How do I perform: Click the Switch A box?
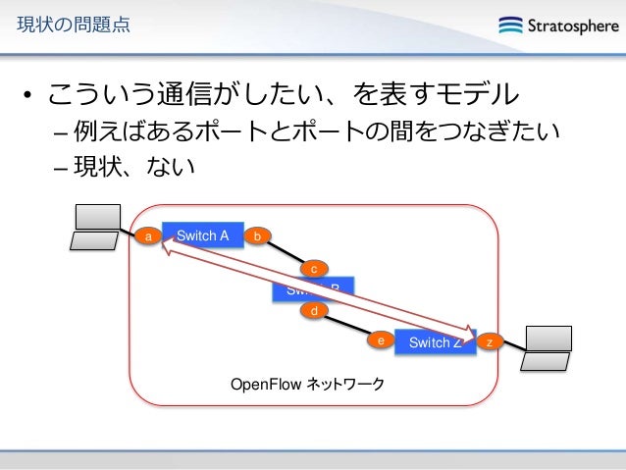(202, 235)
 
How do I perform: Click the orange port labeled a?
(147, 236)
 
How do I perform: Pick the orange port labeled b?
(257, 236)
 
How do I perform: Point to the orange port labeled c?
(314, 268)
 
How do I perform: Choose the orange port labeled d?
(314, 311)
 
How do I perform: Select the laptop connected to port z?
(547, 347)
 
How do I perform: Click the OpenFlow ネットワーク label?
(307, 383)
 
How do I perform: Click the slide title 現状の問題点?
(67, 25)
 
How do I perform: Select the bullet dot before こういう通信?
(29, 96)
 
